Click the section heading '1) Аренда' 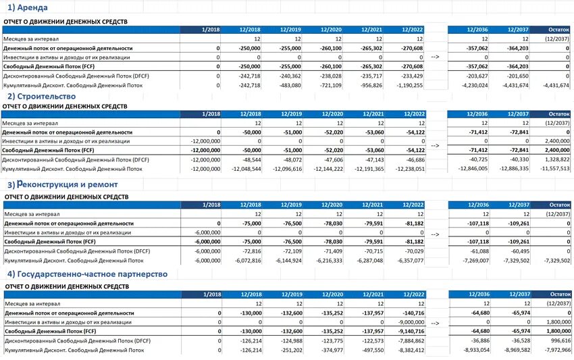point(28,8)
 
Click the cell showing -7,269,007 point(472,260)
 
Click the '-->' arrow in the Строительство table point(435,145)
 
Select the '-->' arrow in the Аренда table point(435,57)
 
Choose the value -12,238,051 point(407,169)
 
